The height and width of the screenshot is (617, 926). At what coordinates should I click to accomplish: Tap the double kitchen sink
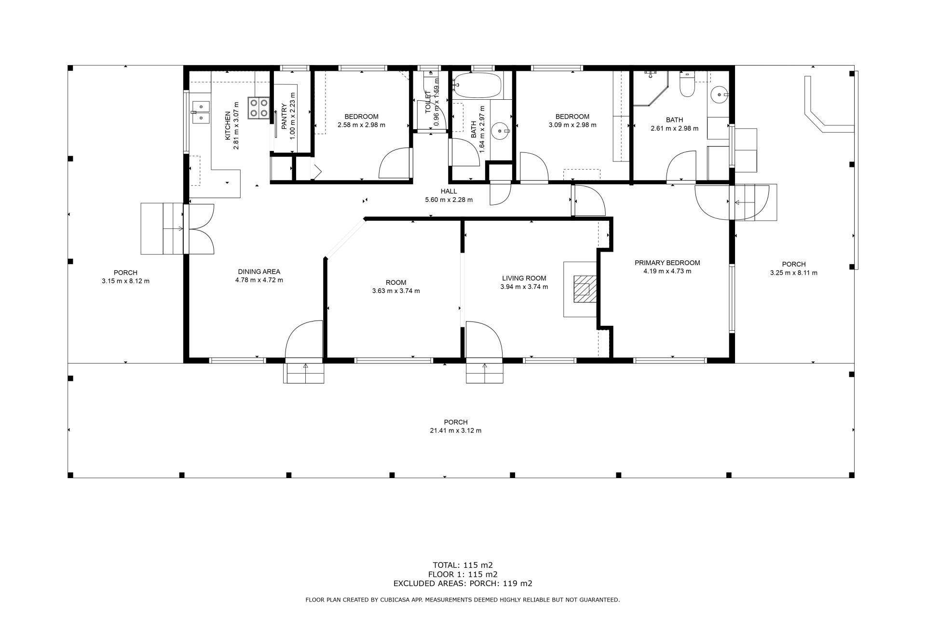click(201, 112)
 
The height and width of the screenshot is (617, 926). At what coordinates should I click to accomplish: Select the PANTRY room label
click(284, 116)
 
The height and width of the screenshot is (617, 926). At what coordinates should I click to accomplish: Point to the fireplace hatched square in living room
click(585, 289)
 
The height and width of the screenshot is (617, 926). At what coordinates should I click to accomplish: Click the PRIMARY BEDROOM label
click(667, 263)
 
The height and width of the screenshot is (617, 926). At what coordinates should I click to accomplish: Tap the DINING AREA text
click(259, 271)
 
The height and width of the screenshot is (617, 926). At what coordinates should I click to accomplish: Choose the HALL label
click(449, 191)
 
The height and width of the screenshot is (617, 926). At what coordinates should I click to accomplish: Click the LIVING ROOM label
click(524, 278)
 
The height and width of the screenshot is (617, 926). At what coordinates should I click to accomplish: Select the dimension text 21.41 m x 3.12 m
click(456, 430)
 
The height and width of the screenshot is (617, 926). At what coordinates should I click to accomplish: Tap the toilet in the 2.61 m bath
click(686, 85)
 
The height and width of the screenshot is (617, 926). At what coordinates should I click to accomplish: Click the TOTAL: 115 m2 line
click(463, 565)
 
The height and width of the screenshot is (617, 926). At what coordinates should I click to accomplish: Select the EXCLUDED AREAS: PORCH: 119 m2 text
click(463, 583)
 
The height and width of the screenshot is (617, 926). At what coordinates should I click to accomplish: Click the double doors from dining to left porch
click(199, 229)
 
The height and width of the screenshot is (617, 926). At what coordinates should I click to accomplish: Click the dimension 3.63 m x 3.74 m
click(396, 291)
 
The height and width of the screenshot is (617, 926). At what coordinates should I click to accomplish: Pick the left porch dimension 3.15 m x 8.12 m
click(125, 281)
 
